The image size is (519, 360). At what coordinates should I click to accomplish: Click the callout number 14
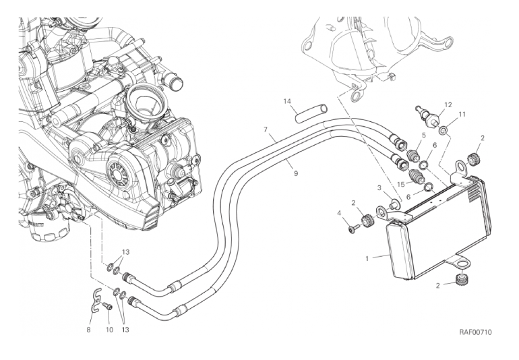pos(286,102)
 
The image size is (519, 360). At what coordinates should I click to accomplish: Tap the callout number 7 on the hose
pos(266,129)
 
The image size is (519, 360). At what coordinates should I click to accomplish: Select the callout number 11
pos(462,115)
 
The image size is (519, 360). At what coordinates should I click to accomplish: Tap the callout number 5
pos(423,136)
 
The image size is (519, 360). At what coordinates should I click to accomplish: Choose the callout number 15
pos(400,184)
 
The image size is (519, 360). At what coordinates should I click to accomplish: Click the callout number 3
pos(379,187)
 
